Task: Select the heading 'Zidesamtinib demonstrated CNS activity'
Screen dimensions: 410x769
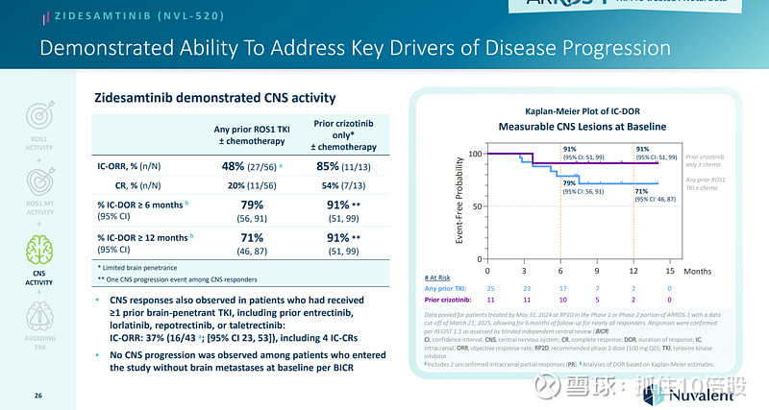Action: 214,98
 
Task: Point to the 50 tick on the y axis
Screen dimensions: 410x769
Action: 475,206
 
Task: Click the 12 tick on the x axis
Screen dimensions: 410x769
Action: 633,272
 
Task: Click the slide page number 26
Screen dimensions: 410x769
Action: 38,395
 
